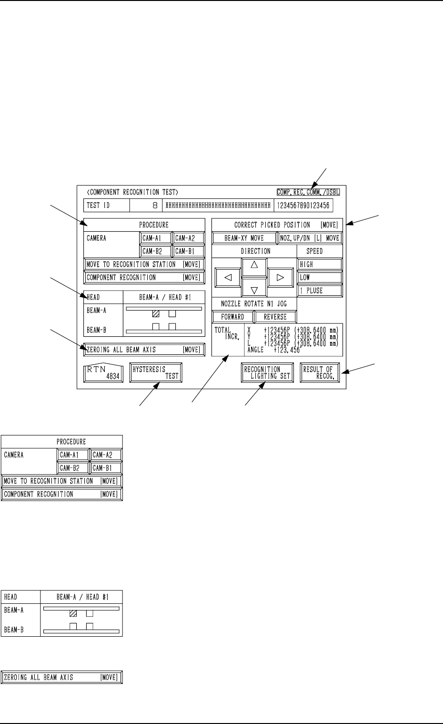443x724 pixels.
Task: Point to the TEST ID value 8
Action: [155, 206]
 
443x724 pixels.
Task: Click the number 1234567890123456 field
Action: [303, 206]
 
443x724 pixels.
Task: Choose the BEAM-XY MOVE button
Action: [244, 238]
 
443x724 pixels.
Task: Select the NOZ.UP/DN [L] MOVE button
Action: [310, 238]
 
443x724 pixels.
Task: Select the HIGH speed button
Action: [320, 264]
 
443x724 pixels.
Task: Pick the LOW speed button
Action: [320, 277]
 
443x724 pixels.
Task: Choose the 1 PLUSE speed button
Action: [320, 290]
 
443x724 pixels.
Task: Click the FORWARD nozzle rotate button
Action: [232, 317]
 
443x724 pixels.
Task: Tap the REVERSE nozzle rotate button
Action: [275, 317]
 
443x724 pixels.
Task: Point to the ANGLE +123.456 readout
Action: [274, 350]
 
